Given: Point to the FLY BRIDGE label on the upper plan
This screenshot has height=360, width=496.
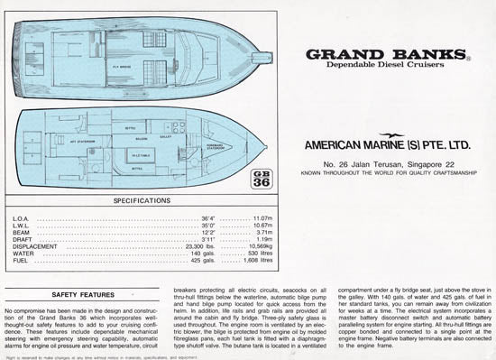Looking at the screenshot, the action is (x=123, y=65).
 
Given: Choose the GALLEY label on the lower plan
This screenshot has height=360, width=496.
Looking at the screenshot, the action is (x=165, y=135).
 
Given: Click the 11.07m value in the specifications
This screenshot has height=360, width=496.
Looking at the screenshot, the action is (x=261, y=218).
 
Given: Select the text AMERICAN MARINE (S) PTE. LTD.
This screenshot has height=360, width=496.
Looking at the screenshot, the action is (x=384, y=143).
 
